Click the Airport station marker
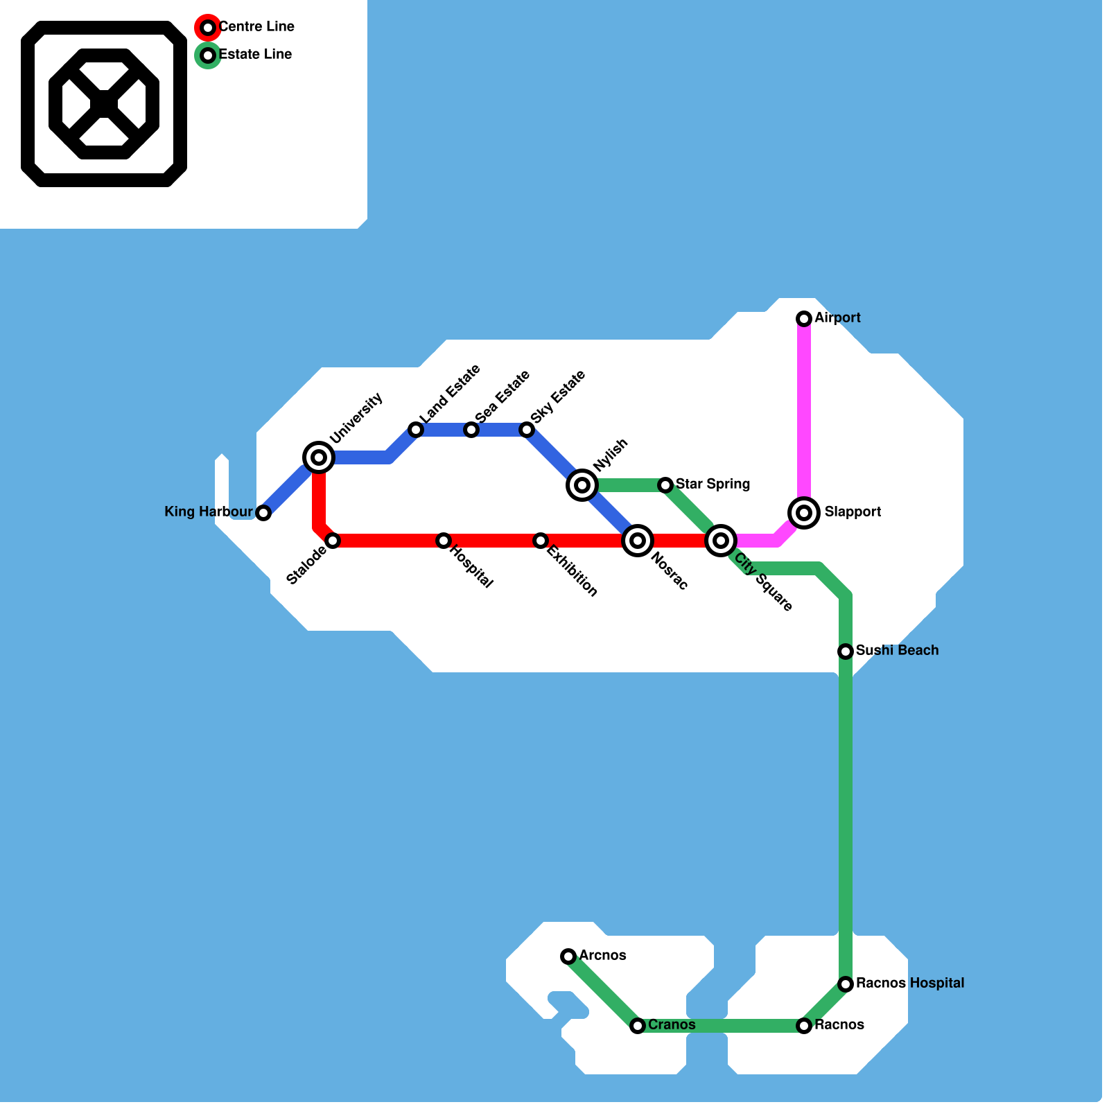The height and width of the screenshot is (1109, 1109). [804, 319]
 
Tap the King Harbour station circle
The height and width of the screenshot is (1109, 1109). [263, 513]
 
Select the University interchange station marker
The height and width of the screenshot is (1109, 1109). [319, 457]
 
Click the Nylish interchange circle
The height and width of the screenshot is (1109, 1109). [582, 485]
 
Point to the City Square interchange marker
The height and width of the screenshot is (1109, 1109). [721, 541]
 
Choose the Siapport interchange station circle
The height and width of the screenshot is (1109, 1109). [804, 513]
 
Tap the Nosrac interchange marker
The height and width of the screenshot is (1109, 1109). [638, 541]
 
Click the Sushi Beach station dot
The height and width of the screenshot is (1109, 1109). [846, 652]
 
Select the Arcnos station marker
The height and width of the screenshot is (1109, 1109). [568, 957]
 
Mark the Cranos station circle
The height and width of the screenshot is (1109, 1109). [638, 1026]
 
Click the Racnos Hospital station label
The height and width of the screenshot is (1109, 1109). [909, 983]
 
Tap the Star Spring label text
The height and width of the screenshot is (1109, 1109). [713, 484]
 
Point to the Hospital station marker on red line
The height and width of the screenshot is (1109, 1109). [444, 541]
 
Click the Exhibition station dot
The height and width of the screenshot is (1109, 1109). [541, 541]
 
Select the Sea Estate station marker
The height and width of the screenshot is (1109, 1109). [471, 430]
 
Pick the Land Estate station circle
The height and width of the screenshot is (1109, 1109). [416, 430]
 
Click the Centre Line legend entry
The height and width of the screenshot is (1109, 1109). [256, 27]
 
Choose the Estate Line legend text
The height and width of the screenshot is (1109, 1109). [254, 55]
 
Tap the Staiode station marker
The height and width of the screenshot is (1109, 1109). [333, 541]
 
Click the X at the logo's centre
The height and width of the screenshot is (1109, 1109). [104, 104]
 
